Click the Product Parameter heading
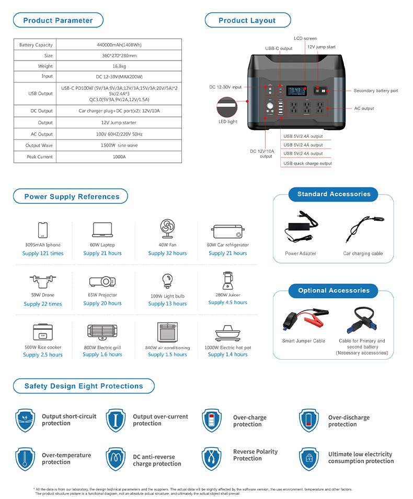point(58,20)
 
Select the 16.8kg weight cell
point(119,66)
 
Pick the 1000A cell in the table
point(119,157)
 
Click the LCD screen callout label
point(305,39)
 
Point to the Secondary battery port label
point(375,91)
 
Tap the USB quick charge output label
point(307,163)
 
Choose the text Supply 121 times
point(43,254)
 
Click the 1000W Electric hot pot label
point(228,348)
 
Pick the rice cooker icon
point(43,332)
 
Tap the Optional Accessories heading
point(334,291)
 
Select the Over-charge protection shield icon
point(212,421)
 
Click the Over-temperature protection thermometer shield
point(25,459)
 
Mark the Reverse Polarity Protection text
point(255,455)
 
